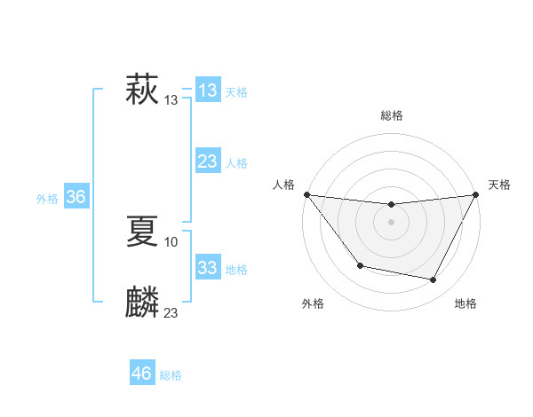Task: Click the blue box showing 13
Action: tap(207, 90)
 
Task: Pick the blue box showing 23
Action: tap(207, 161)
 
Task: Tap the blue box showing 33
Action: tap(207, 268)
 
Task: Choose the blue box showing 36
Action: tap(76, 197)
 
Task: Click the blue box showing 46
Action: tap(141, 374)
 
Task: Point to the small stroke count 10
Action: tap(171, 241)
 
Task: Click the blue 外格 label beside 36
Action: tap(47, 199)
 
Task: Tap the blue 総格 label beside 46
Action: tap(171, 375)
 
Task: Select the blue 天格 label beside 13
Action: tap(236, 92)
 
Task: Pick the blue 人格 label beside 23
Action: tap(236, 163)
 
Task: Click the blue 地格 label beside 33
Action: tap(236, 270)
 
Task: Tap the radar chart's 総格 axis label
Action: tap(391, 115)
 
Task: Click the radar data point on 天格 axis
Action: tap(475, 194)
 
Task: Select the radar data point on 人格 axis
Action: tap(306, 194)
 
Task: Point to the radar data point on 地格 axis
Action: tap(434, 280)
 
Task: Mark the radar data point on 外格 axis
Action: tap(360, 265)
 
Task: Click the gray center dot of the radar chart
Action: tap(391, 221)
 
